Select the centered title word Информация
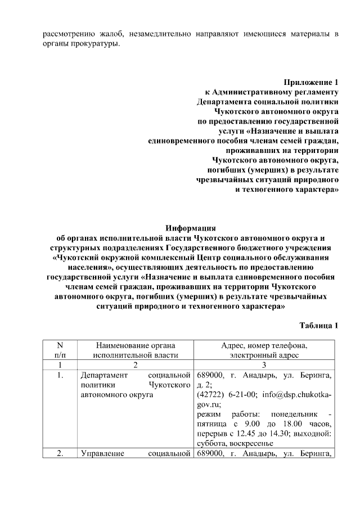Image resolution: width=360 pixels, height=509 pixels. pos(191,228)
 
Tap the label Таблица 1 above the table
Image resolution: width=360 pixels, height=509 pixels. pos(319,326)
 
